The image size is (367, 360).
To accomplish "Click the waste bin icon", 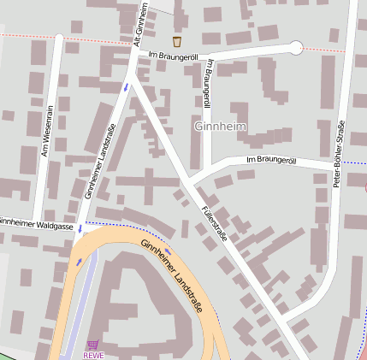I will [x=177, y=41].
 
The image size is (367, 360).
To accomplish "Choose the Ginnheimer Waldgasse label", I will [x=36, y=222].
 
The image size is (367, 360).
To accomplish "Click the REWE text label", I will [x=92, y=354].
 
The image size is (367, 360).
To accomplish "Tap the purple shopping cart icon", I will [x=92, y=344].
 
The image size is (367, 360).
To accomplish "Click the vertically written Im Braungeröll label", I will [x=206, y=83].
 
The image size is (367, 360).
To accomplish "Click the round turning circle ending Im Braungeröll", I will [x=296, y=48].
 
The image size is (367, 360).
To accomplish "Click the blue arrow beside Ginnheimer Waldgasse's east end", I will [x=80, y=228].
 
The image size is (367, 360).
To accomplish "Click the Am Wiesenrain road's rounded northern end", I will [x=57, y=38].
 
